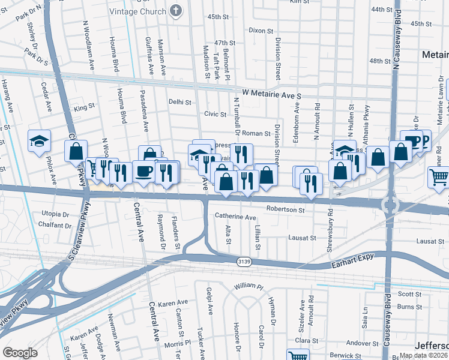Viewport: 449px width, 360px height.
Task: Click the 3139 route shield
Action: click(x=244, y=262)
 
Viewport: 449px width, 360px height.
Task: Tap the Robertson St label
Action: click(x=286, y=211)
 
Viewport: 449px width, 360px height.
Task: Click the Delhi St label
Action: click(x=179, y=102)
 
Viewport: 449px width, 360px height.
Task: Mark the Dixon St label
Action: click(x=261, y=30)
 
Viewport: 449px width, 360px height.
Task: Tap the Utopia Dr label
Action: click(x=55, y=214)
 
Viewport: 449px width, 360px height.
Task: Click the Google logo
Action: click(x=20, y=353)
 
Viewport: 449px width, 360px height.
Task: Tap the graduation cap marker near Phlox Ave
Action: click(x=39, y=142)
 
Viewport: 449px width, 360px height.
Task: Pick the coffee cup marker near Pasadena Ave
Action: click(x=144, y=172)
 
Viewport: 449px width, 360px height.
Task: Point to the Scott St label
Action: click(x=410, y=294)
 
